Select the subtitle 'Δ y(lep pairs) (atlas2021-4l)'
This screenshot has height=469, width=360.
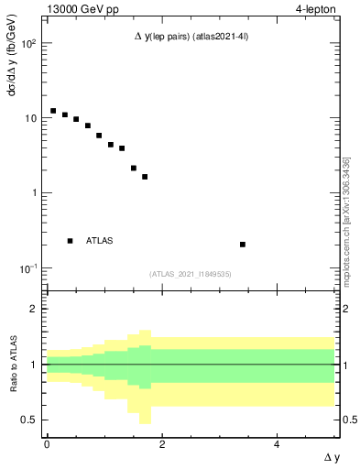[x=190, y=37]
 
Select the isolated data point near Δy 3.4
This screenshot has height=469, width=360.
[x=243, y=245]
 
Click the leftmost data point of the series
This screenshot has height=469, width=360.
[x=53, y=111]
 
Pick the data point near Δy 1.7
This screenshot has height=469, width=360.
[x=145, y=177]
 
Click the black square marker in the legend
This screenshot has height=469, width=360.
[x=71, y=241]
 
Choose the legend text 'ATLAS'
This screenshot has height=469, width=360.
[x=100, y=241]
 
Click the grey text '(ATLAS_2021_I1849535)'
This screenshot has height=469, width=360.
[x=190, y=273]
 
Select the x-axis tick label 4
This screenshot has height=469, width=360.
[x=277, y=444]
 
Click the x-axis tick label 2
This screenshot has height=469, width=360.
[x=161, y=444]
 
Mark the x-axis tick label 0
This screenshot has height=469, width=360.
[x=47, y=444]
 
